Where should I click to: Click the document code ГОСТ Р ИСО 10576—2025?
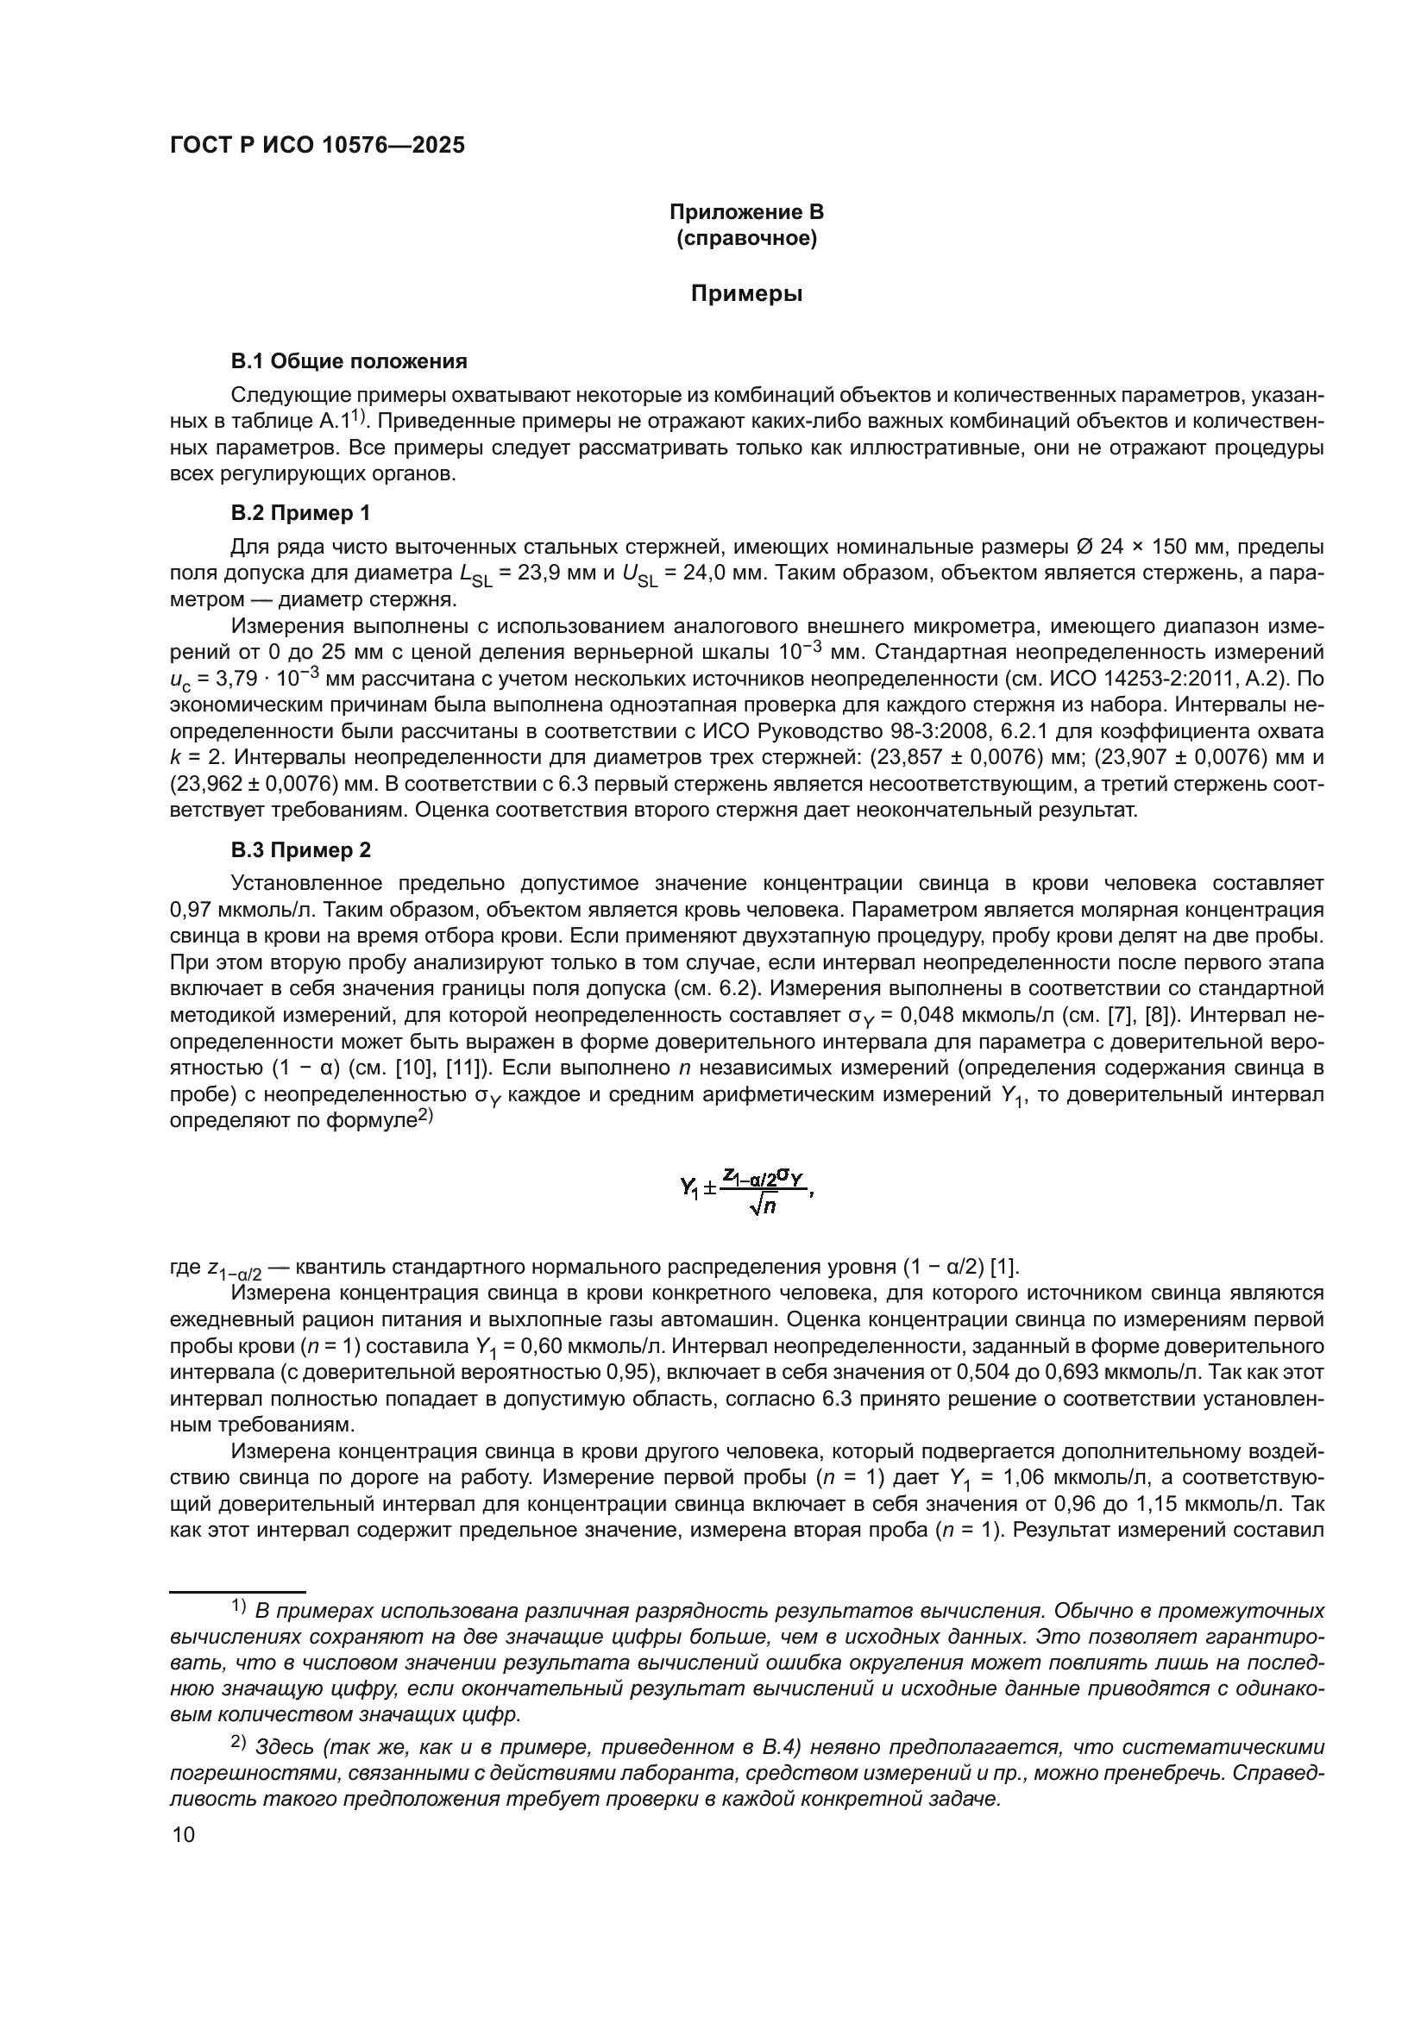point(317,146)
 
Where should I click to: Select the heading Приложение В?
point(746,212)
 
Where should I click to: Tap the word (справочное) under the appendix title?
point(746,238)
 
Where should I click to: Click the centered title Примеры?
point(746,293)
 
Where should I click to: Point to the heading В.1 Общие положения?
point(349,361)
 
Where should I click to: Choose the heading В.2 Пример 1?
point(300,513)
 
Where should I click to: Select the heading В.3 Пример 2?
point(300,850)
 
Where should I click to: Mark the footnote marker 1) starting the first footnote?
point(238,1607)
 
